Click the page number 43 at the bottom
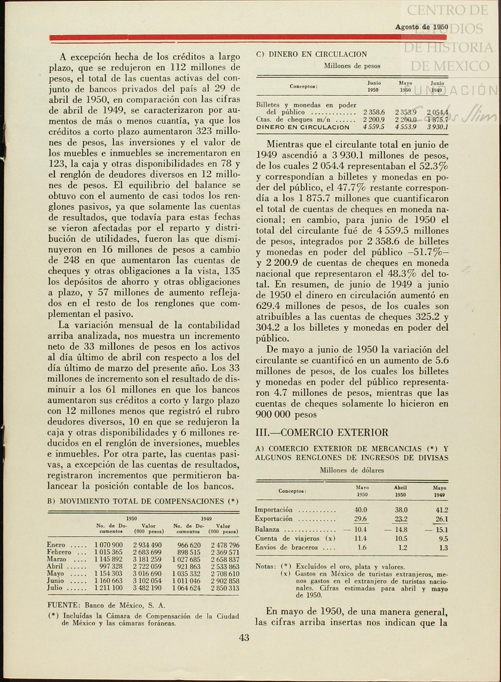[x=244, y=638]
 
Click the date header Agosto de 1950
[x=421, y=27]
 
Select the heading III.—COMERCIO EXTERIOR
[x=322, y=433]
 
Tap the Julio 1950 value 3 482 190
[x=147, y=588]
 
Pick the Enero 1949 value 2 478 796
[x=225, y=545]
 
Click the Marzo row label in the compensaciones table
[x=57, y=559]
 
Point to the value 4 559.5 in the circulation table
[x=373, y=127]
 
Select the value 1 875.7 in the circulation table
[x=438, y=120]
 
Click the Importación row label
[x=274, y=510]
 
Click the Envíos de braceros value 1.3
[x=443, y=548]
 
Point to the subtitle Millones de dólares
[x=352, y=470]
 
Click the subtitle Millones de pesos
[x=352, y=66]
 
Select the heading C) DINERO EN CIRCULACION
[x=312, y=54]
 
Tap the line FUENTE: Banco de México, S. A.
[x=106, y=605]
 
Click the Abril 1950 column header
[x=400, y=491]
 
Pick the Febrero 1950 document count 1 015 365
[x=108, y=552]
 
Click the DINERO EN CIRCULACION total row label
[x=303, y=127]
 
